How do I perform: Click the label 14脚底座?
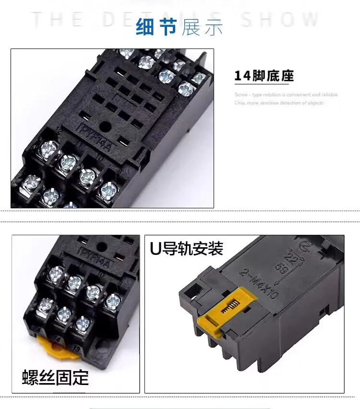264,76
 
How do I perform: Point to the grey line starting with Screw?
286,95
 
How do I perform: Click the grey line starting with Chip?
279,103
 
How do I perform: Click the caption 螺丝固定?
55,377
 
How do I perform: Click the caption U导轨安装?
187,249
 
